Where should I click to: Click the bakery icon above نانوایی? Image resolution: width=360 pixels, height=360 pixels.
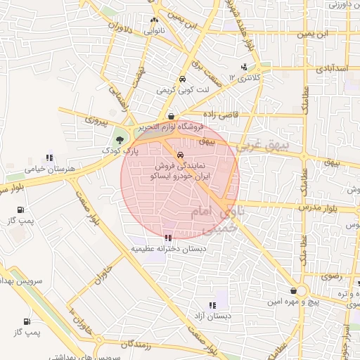pos(154,20)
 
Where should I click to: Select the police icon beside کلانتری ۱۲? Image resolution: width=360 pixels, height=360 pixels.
pos(244,67)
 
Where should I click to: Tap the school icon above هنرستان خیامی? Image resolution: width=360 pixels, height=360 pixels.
pos(49,157)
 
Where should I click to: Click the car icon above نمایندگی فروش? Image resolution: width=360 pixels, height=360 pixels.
pos(181,155)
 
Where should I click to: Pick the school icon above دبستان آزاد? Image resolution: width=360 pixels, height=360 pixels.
pos(212,305)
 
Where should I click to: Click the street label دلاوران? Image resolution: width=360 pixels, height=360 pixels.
pos(119,28)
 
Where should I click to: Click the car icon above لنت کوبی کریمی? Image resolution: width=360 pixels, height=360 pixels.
pos(182,79)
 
